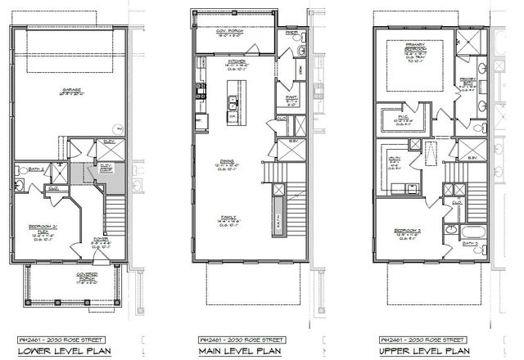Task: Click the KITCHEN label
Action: (237, 62)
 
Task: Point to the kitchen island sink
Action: (233, 102)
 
